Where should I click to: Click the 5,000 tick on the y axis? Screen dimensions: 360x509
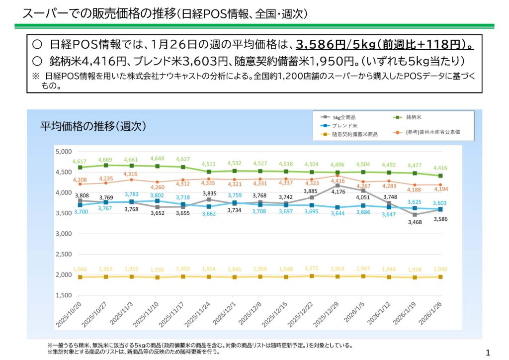tap(64, 151)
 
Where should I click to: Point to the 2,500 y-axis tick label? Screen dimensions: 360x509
tap(64, 254)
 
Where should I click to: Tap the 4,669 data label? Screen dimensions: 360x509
tap(105, 160)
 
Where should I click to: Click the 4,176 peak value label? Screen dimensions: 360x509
tap(338, 192)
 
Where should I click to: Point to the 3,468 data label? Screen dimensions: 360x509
tap(415, 222)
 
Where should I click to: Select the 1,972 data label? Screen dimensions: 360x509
tap(312, 269)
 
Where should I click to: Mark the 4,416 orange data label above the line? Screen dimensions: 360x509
tap(338, 181)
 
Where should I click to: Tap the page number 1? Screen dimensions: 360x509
tap(487, 353)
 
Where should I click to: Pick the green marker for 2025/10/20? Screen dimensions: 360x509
tap(80, 168)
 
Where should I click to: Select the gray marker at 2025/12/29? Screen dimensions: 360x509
tap(338, 185)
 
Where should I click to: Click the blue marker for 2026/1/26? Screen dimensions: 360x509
tap(440, 209)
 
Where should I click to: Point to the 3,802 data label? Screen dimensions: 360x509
tap(157, 196)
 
